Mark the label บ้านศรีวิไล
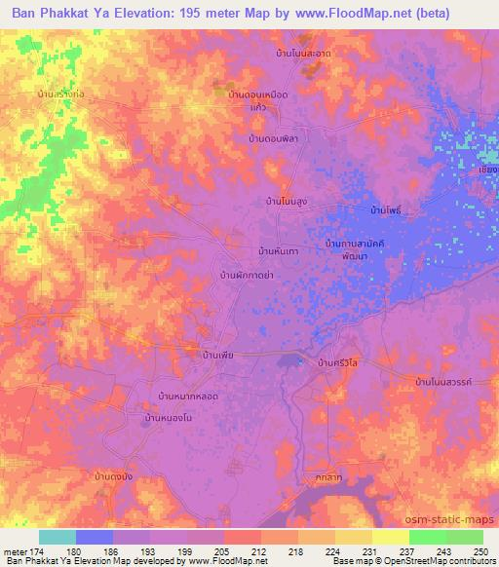[x=341, y=361]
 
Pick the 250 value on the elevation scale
[x=479, y=551]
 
